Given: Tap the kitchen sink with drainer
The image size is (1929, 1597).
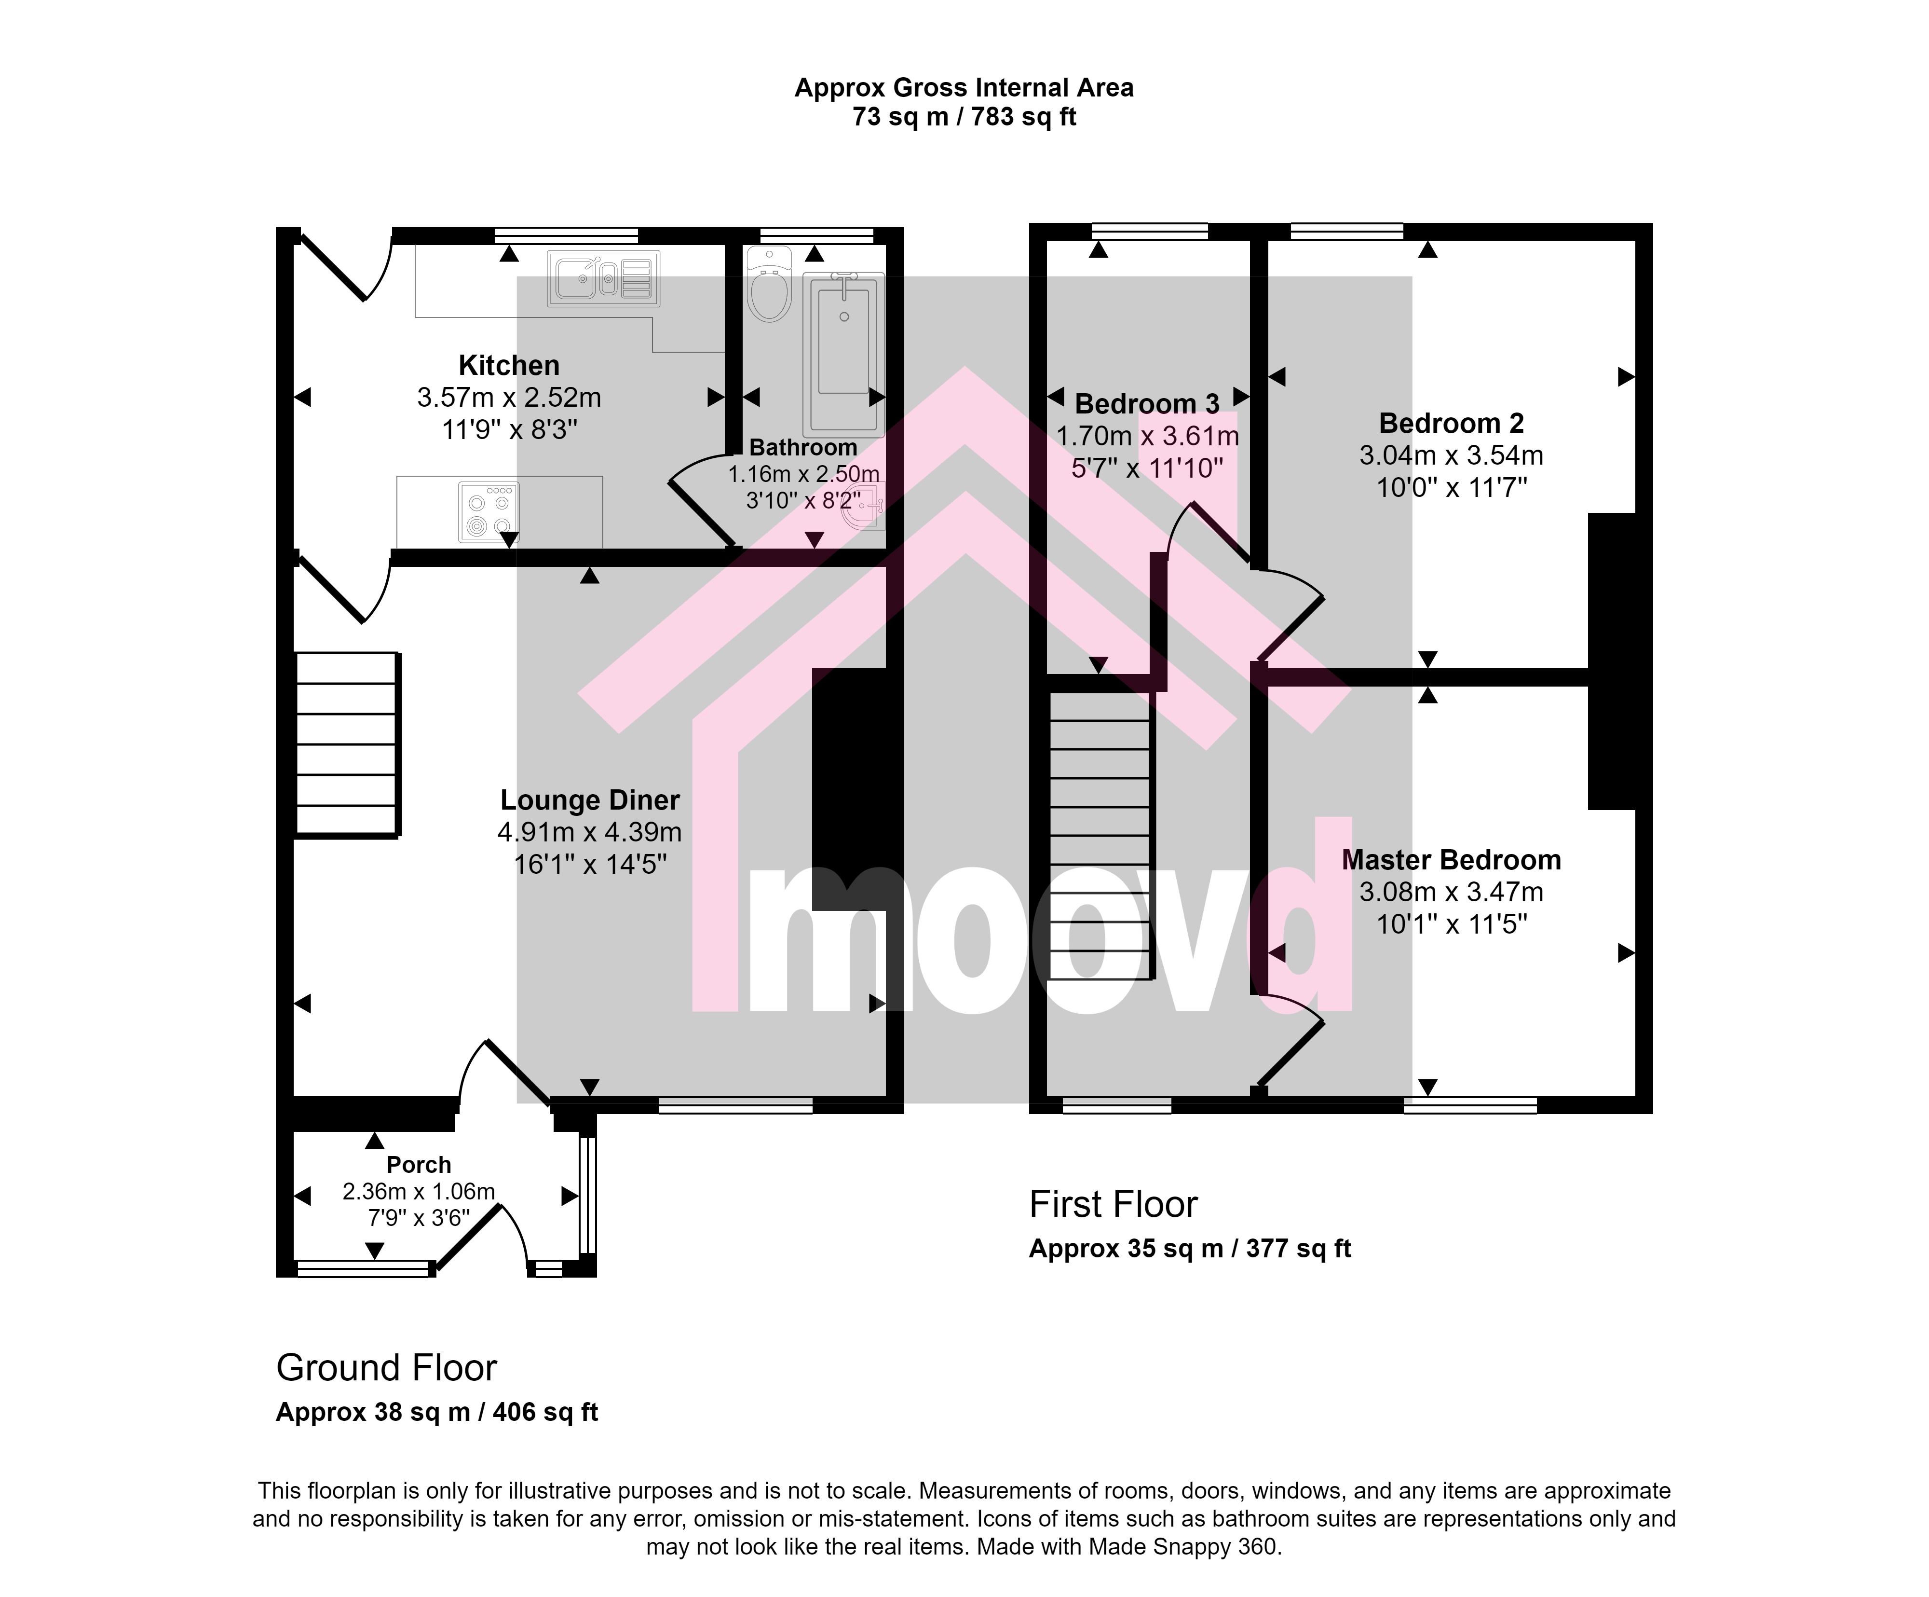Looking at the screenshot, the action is [x=603, y=278].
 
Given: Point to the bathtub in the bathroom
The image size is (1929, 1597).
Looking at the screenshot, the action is [x=843, y=354].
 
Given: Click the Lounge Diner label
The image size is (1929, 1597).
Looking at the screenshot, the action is [x=590, y=800].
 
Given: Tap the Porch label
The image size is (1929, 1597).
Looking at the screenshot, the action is [x=419, y=1165].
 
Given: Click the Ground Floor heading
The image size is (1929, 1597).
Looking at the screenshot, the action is [x=387, y=1368].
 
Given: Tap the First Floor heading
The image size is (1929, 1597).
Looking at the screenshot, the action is [x=1114, y=1205].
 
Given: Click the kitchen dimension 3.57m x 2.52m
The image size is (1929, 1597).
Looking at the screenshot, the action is [x=509, y=398].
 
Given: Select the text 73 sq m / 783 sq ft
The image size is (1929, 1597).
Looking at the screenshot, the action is [x=964, y=117].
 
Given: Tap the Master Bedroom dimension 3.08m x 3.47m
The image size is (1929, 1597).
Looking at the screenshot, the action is [x=1452, y=892].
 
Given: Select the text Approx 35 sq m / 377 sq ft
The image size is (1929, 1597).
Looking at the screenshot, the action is [x=1190, y=1249].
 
